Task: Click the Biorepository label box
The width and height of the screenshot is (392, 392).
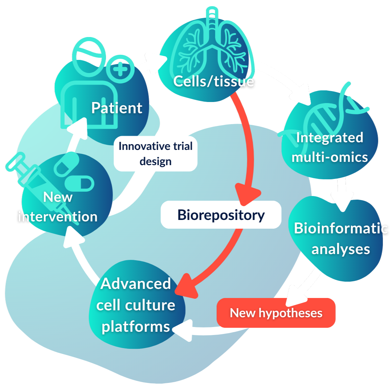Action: tap(221, 215)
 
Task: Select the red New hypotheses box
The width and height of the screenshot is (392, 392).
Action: tap(276, 313)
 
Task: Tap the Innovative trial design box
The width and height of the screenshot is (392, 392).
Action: tap(155, 154)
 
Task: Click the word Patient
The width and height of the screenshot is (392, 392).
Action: tap(117, 108)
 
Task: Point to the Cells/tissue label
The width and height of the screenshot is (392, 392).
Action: tap(213, 81)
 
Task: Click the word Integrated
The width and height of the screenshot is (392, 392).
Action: tap(330, 138)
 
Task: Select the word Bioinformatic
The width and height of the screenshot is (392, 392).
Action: tap(340, 229)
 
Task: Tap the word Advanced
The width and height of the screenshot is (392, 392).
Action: tap(135, 283)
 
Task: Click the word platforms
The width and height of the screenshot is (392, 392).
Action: tap(135, 326)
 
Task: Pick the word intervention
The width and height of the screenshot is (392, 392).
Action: tap(58, 217)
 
